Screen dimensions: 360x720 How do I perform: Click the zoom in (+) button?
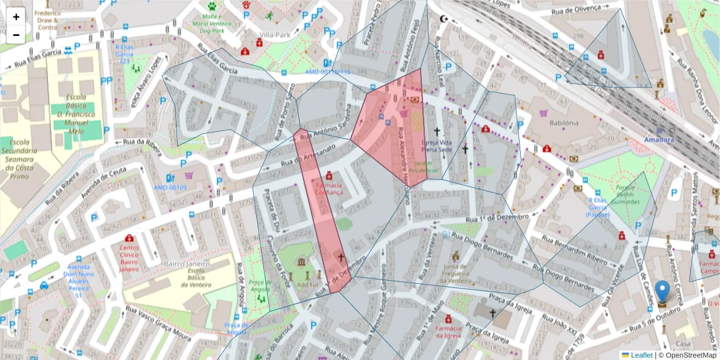(16, 17)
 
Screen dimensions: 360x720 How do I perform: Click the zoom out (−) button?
(16, 35)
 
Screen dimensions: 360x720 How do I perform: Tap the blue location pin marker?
(662, 292)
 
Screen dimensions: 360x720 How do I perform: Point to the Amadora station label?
(659, 139)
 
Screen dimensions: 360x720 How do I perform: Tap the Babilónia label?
(563, 122)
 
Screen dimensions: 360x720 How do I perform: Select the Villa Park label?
(274, 35)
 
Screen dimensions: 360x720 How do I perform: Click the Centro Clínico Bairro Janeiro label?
(129, 258)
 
